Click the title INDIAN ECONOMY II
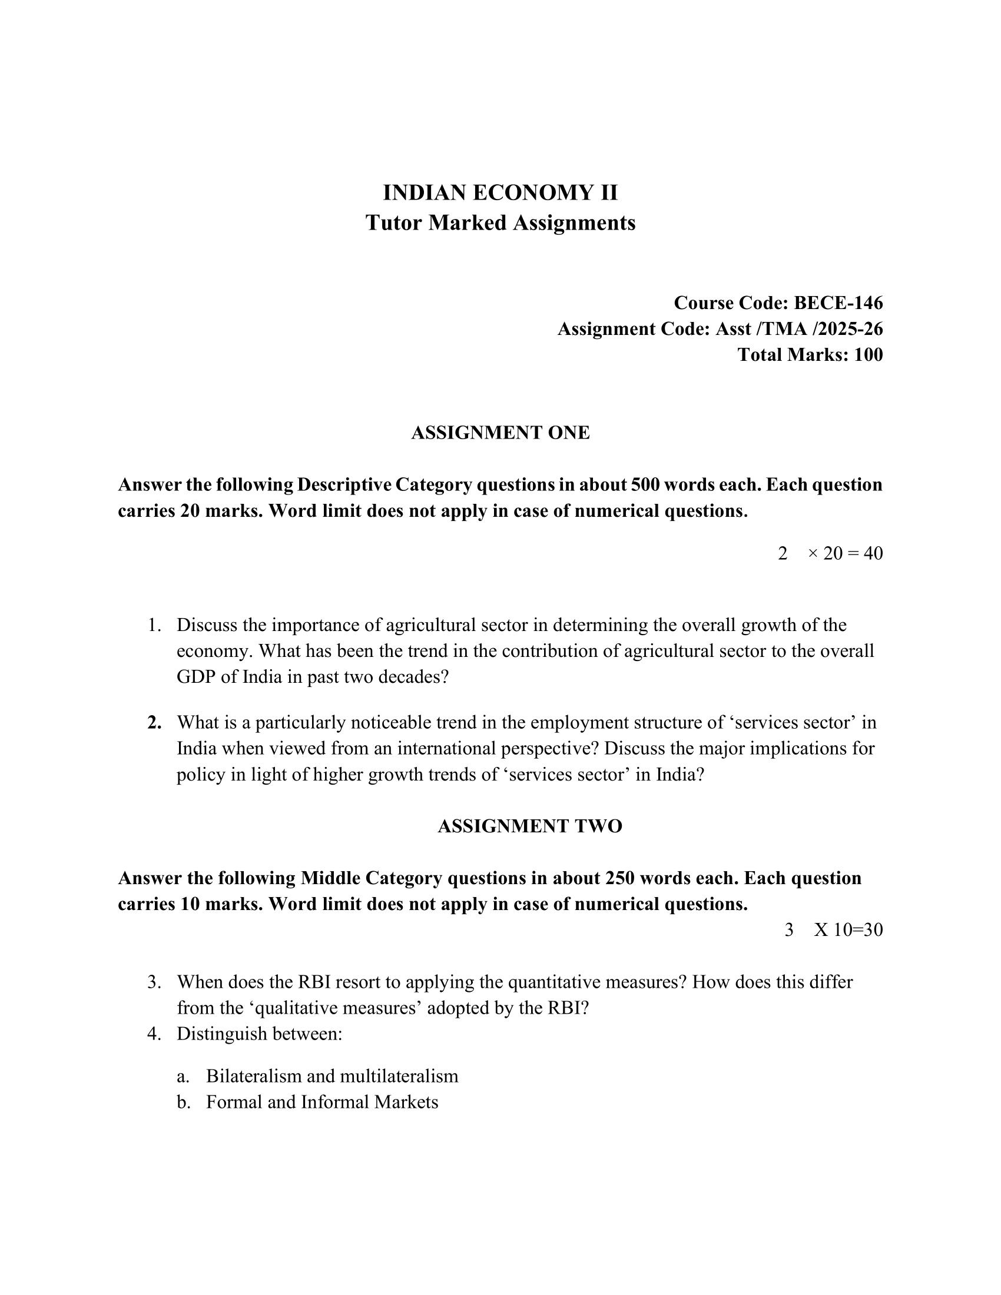(x=500, y=192)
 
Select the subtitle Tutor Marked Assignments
(x=500, y=223)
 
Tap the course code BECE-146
(x=838, y=303)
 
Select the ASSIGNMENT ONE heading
(x=500, y=433)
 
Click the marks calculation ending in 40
(x=844, y=553)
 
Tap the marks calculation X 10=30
(x=848, y=929)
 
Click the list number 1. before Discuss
(x=154, y=625)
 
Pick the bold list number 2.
(x=154, y=722)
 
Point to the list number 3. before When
(x=154, y=982)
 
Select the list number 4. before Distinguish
(x=154, y=1034)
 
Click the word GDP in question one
(x=195, y=676)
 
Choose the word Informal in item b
(x=334, y=1102)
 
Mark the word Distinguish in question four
(x=221, y=1034)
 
